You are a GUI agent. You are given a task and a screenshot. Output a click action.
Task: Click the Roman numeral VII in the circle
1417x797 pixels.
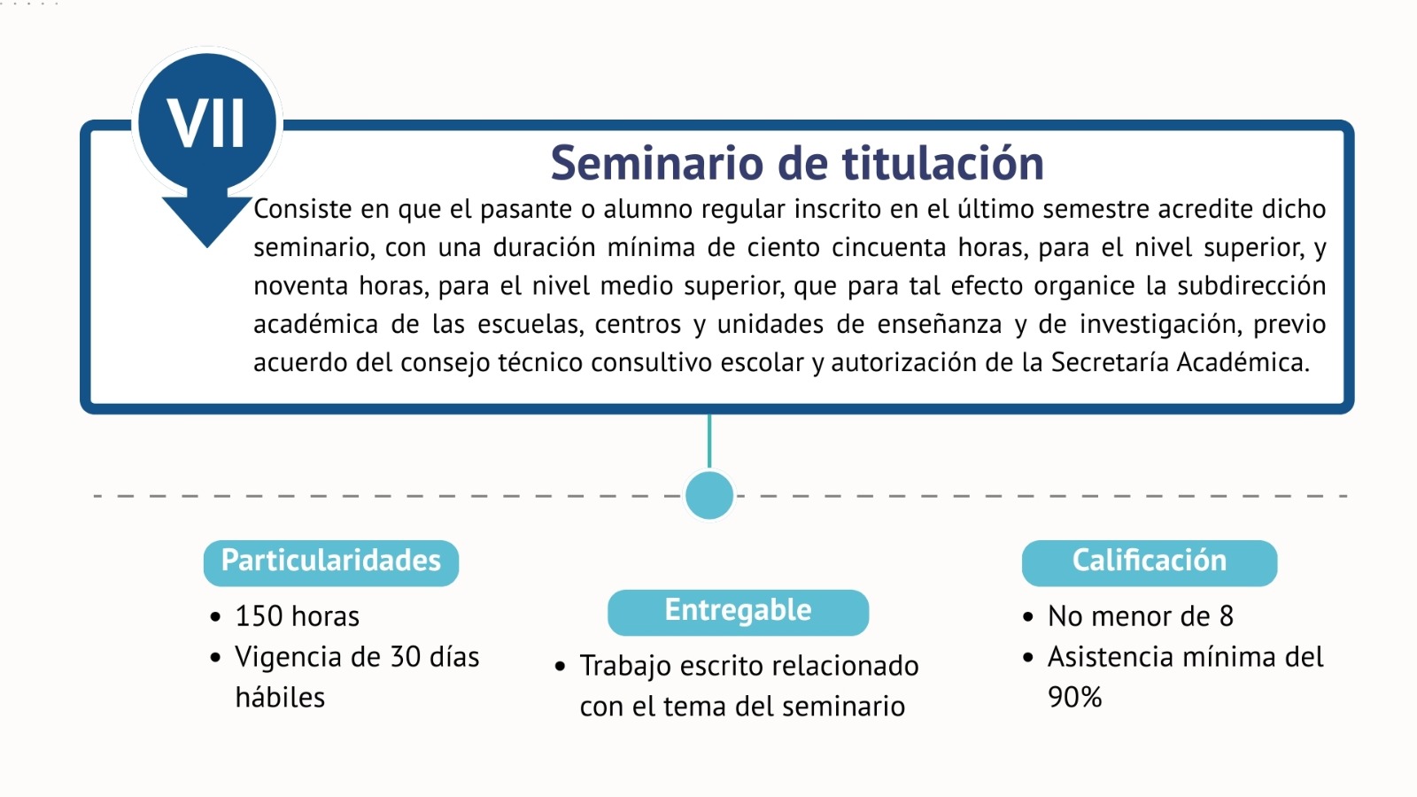pyautogui.click(x=205, y=123)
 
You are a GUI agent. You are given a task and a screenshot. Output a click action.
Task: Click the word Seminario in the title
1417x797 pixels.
pyautogui.click(x=657, y=163)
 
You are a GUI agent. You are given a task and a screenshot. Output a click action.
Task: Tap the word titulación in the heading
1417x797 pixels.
pyautogui.click(x=943, y=163)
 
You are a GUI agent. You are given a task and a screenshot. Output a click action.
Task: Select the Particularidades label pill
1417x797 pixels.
pyautogui.click(x=331, y=562)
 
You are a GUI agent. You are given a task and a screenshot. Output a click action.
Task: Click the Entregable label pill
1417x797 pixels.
pyautogui.click(x=739, y=612)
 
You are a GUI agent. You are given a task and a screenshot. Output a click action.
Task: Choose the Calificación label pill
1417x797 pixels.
pyautogui.click(x=1150, y=562)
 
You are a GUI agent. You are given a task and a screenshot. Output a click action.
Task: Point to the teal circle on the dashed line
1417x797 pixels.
pyautogui.click(x=709, y=495)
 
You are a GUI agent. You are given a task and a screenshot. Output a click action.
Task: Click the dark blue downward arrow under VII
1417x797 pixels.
pyautogui.click(x=207, y=218)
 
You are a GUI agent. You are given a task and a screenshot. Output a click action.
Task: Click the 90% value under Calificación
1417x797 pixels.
pyautogui.click(x=1075, y=697)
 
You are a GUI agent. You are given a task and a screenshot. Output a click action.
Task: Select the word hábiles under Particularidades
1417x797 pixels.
pyautogui.click(x=280, y=697)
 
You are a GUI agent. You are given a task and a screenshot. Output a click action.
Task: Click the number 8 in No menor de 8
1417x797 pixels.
pyautogui.click(x=1226, y=616)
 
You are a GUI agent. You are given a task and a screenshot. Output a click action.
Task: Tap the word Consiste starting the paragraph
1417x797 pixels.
pyautogui.click(x=302, y=209)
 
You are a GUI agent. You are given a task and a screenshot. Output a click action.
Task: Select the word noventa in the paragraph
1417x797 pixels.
pyautogui.click(x=300, y=287)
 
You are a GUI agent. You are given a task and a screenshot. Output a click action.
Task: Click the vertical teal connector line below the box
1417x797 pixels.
pyautogui.click(x=709, y=442)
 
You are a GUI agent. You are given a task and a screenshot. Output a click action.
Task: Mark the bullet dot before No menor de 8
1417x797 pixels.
pyautogui.click(x=1027, y=616)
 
